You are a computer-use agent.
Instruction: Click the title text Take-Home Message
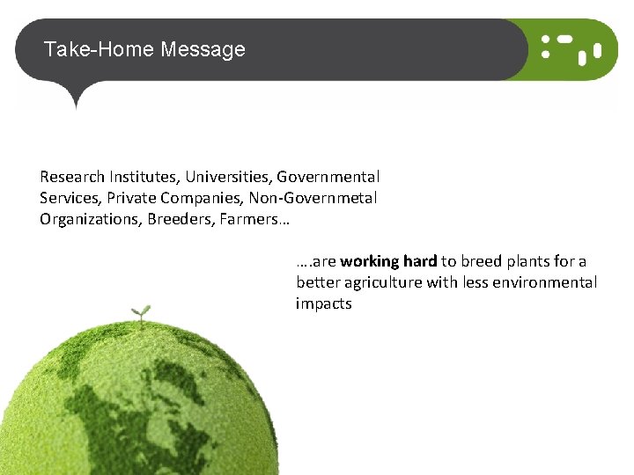(x=144, y=49)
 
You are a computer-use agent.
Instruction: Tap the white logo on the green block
(x=571, y=48)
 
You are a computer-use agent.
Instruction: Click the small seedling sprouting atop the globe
(x=140, y=312)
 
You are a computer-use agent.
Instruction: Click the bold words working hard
(x=388, y=261)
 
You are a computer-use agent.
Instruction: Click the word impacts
(x=323, y=303)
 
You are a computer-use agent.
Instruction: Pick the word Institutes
(x=142, y=177)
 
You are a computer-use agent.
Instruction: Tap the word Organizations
(x=89, y=219)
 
